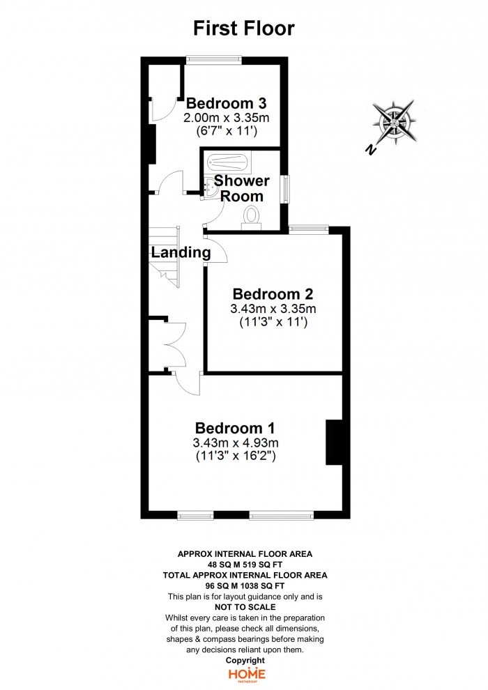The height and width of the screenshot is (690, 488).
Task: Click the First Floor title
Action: tap(244, 28)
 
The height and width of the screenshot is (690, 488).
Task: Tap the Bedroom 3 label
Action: tap(226, 103)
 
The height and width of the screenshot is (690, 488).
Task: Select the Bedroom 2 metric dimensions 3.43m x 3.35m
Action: tap(273, 309)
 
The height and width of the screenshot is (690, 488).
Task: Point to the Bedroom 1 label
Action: tap(235, 428)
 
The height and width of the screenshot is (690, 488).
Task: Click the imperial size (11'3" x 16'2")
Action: tap(236, 456)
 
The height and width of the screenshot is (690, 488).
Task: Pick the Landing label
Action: tap(181, 252)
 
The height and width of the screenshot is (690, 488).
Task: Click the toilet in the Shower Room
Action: tap(252, 219)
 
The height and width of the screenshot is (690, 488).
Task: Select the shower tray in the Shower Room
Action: tap(229, 163)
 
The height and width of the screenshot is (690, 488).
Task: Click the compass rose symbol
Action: tap(395, 122)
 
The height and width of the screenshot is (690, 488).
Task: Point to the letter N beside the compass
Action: tap(371, 150)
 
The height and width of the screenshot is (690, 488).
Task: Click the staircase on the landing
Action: tap(164, 256)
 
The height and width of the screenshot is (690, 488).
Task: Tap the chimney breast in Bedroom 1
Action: tap(334, 443)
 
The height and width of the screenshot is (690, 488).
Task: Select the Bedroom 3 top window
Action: tap(213, 59)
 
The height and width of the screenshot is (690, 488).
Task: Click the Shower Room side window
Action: tap(287, 189)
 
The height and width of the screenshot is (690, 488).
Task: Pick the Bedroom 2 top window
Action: tap(309, 229)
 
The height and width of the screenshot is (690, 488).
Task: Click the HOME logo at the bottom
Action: tap(246, 675)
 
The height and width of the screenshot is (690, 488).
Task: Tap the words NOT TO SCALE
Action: tap(245, 607)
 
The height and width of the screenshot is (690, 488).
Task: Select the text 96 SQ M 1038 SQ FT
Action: tap(245, 585)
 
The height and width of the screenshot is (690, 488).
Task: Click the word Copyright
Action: tap(245, 660)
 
